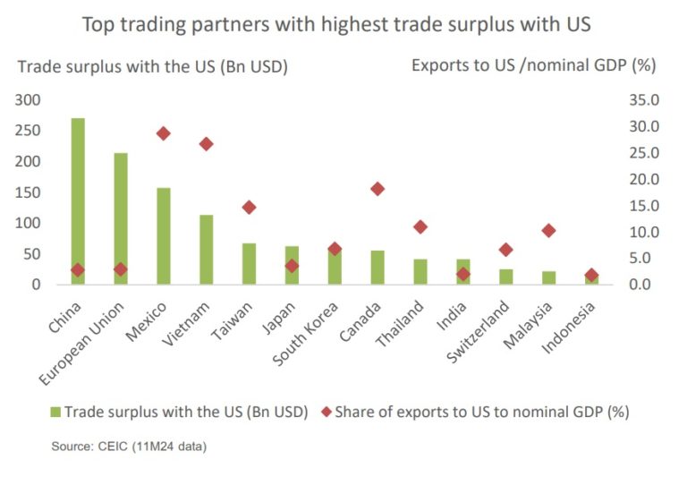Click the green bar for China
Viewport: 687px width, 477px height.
click(x=78, y=201)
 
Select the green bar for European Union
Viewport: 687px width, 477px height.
click(x=121, y=219)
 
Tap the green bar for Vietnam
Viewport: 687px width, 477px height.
click(x=206, y=250)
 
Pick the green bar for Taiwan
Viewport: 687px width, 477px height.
click(x=249, y=264)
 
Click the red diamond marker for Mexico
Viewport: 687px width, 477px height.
click(x=163, y=133)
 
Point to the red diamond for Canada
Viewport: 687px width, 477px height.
click(x=377, y=189)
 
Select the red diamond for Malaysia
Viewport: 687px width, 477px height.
click(x=548, y=231)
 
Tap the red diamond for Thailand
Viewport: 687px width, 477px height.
click(x=420, y=226)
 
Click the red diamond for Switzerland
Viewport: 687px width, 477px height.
click(x=506, y=250)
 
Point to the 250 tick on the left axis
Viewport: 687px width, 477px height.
click(x=30, y=131)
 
